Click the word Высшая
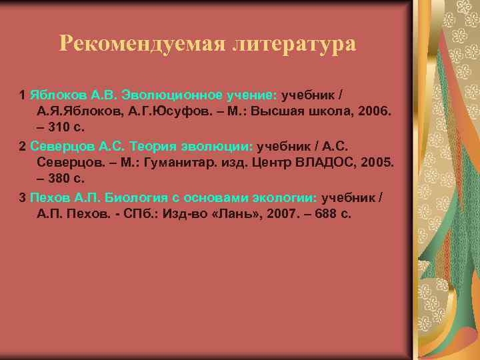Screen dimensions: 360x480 [277, 109]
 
